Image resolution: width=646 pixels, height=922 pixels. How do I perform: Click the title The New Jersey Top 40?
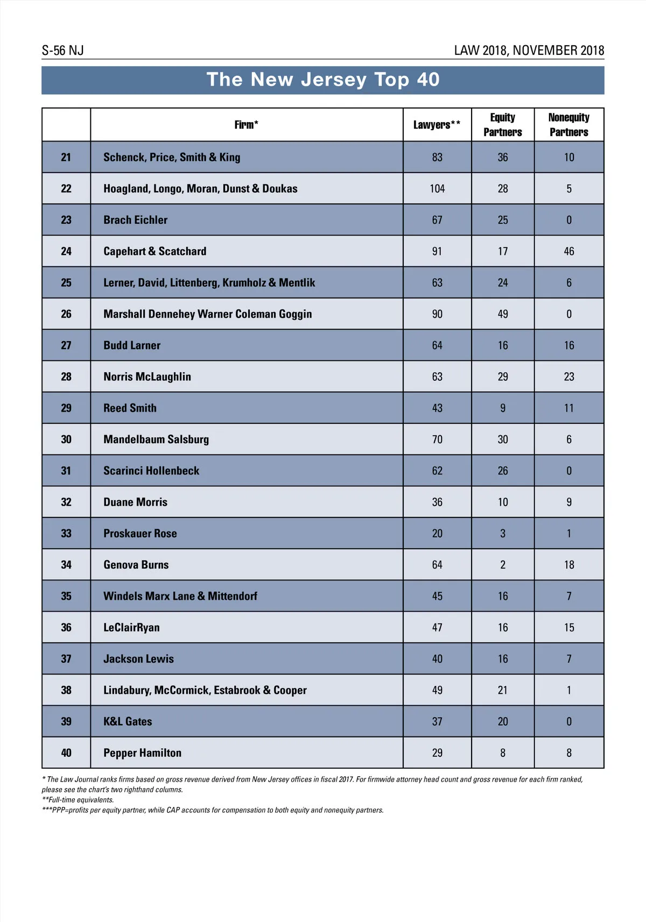pyautogui.click(x=323, y=80)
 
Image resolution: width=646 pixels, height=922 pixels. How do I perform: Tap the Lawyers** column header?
pyautogui.click(x=437, y=125)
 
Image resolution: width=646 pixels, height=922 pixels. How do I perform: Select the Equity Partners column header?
pyautogui.click(x=502, y=125)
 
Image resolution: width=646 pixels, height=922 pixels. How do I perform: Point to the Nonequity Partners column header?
pyautogui.click(x=568, y=125)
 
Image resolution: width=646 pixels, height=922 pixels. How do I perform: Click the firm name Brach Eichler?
pyautogui.click(x=135, y=220)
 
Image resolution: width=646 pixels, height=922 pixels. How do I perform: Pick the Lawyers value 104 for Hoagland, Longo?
pyautogui.click(x=437, y=189)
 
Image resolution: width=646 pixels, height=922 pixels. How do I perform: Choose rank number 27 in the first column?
pyautogui.click(x=66, y=345)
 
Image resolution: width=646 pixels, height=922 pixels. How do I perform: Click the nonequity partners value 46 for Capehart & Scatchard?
pyautogui.click(x=568, y=251)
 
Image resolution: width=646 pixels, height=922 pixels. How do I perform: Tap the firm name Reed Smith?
pyautogui.click(x=130, y=408)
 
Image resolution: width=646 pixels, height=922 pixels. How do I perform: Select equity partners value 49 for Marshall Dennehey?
pyautogui.click(x=502, y=314)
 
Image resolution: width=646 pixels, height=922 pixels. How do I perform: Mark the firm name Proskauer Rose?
pyautogui.click(x=140, y=534)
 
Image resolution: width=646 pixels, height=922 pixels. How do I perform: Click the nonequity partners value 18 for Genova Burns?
pyautogui.click(x=568, y=565)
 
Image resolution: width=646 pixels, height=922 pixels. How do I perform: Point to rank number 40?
pyautogui.click(x=66, y=753)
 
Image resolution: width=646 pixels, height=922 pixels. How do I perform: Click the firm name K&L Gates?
pyautogui.click(x=128, y=722)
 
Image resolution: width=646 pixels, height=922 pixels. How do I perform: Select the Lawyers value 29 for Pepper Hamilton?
pyautogui.click(x=437, y=753)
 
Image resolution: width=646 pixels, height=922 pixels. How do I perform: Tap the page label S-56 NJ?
pyautogui.click(x=62, y=51)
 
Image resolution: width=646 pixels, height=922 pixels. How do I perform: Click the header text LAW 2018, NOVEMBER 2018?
pyautogui.click(x=529, y=51)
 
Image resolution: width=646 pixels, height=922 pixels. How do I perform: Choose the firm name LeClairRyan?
pyautogui.click(x=131, y=628)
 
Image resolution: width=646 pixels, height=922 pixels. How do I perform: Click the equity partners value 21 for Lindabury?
pyautogui.click(x=502, y=690)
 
